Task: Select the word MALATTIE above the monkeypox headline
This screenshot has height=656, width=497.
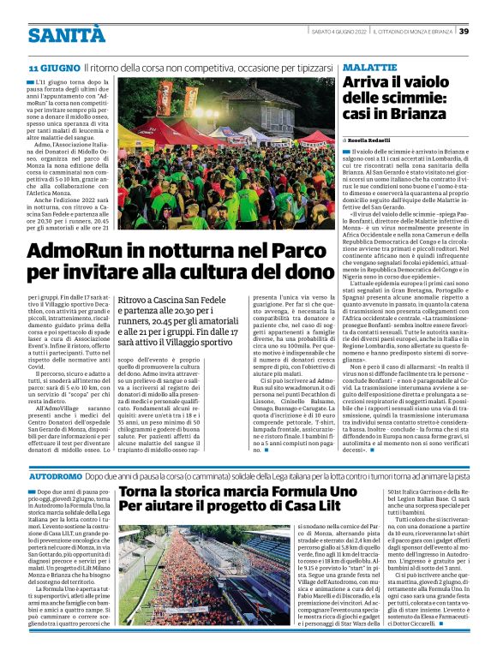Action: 369,67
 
